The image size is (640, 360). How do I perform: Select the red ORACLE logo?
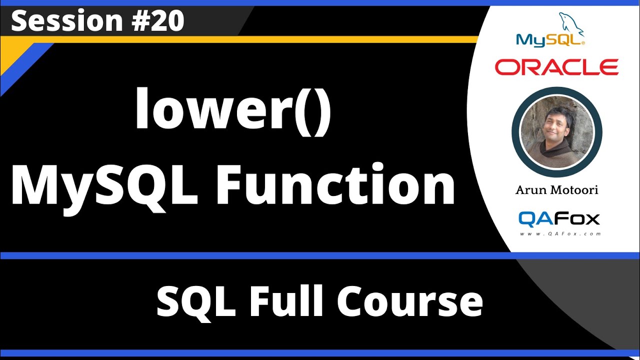click(556, 67)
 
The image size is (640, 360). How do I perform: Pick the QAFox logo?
click(558, 218)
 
